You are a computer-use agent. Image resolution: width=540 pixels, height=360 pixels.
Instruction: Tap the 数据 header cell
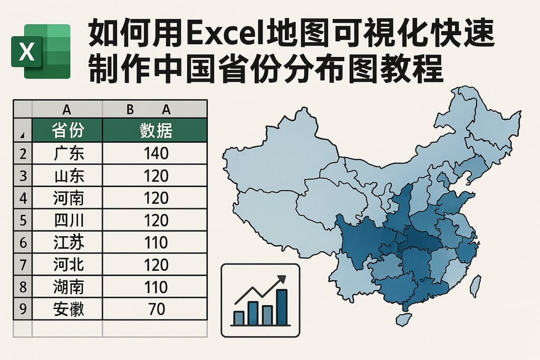156,130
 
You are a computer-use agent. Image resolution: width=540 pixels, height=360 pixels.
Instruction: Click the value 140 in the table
156,153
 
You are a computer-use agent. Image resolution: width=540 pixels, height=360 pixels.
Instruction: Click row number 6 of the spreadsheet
23,242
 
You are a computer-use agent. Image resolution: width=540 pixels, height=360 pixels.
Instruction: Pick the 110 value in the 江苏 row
156,242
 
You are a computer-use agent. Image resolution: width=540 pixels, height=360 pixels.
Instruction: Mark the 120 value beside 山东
156,176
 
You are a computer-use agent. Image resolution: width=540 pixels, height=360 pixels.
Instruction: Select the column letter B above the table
130,110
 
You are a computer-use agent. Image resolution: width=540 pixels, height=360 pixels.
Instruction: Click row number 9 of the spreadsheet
23,309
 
